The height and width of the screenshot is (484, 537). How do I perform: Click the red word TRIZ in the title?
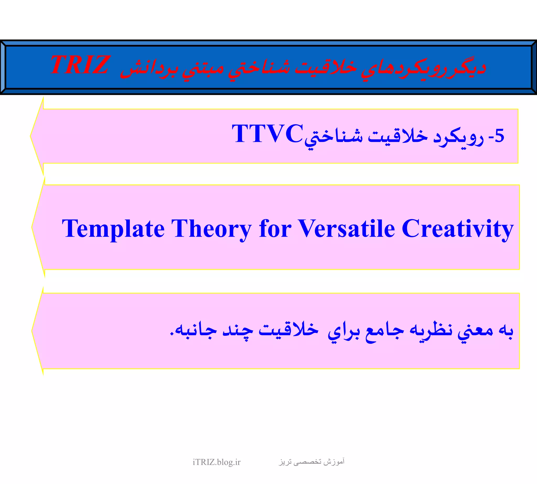(80, 65)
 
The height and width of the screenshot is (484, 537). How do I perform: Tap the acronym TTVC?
(267, 134)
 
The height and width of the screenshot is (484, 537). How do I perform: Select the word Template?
(113, 229)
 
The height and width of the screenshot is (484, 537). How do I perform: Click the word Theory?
(211, 229)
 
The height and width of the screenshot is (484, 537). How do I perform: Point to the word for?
(275, 229)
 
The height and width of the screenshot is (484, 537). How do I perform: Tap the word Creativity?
(457, 229)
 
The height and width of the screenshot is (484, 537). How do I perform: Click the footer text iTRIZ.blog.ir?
(216, 462)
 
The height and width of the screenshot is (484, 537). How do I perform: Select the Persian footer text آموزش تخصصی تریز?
(312, 462)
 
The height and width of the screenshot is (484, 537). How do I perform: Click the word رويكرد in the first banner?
(458, 137)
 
